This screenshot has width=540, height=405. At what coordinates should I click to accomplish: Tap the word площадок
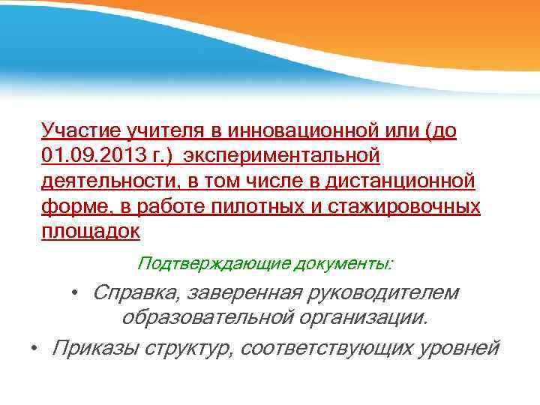point(91,230)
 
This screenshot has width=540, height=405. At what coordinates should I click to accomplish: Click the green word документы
point(343,263)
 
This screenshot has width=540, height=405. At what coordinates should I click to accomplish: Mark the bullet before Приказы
point(34,348)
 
